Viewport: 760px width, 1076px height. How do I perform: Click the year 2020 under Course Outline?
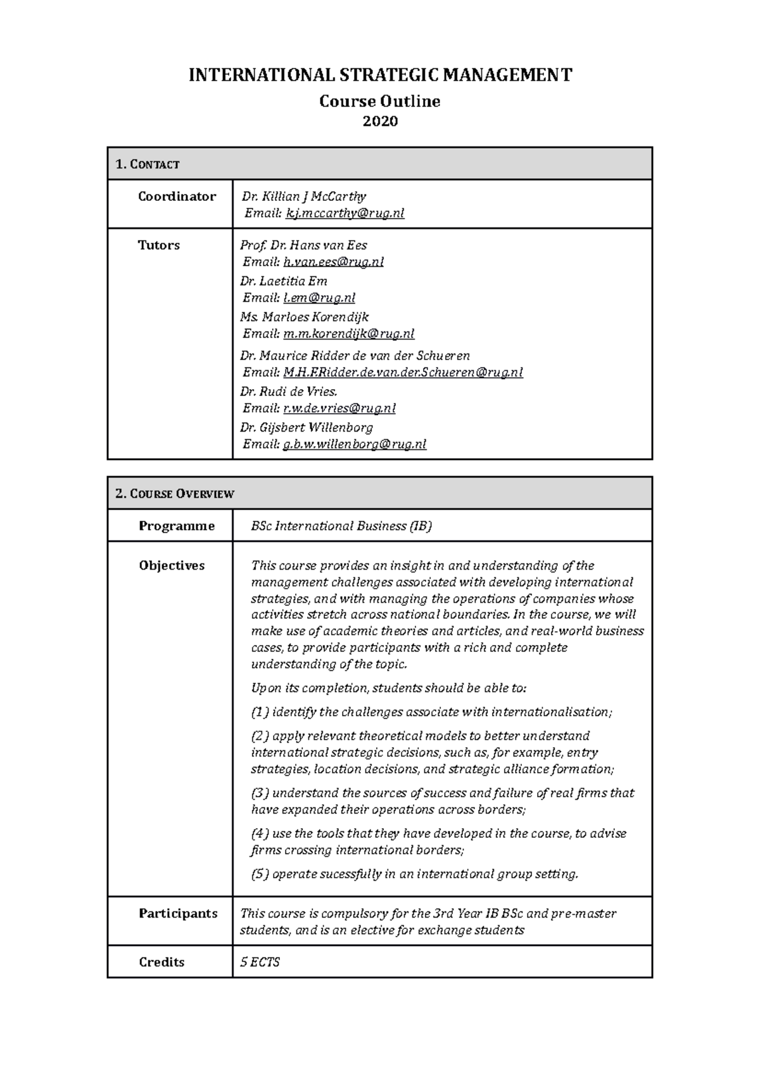[x=379, y=121]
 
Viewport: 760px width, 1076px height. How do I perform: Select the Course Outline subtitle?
[x=379, y=101]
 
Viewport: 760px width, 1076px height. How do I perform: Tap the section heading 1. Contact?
[x=148, y=164]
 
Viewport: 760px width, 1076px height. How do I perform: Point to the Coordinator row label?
[x=177, y=196]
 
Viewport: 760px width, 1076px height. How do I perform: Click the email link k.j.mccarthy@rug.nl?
[x=345, y=214]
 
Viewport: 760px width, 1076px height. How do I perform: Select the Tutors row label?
[x=158, y=245]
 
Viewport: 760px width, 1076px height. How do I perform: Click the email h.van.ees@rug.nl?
[x=333, y=262]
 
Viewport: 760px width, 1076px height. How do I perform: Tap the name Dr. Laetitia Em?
[x=283, y=281]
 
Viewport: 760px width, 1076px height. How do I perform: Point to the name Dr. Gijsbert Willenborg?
[x=306, y=428]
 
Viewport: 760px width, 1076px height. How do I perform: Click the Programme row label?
[x=177, y=526]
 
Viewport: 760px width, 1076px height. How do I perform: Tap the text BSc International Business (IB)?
[x=341, y=526]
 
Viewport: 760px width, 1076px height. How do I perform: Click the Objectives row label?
[x=172, y=565]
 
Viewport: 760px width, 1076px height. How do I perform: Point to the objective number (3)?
[x=260, y=793]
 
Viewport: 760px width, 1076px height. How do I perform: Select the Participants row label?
[x=178, y=914]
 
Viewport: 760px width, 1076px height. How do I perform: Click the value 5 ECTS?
[x=260, y=963]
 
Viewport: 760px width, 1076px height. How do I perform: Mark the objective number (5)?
[x=260, y=874]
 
